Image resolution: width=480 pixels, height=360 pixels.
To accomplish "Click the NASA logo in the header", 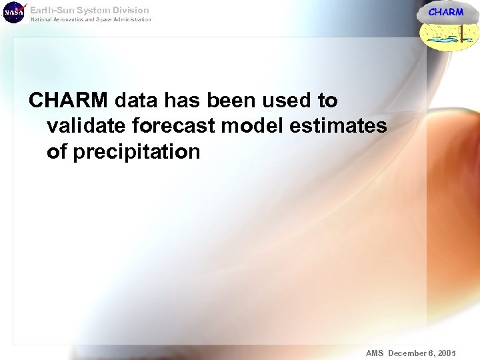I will [x=14, y=12].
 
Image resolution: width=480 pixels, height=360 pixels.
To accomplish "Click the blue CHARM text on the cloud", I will [x=445, y=12].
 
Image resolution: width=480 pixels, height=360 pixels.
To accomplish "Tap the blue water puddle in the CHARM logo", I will [x=443, y=41].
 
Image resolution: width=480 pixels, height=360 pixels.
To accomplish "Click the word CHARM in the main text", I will [x=68, y=101].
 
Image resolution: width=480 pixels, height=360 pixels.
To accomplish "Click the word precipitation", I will [x=136, y=152].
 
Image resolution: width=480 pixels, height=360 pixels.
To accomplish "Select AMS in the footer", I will [x=375, y=352].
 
